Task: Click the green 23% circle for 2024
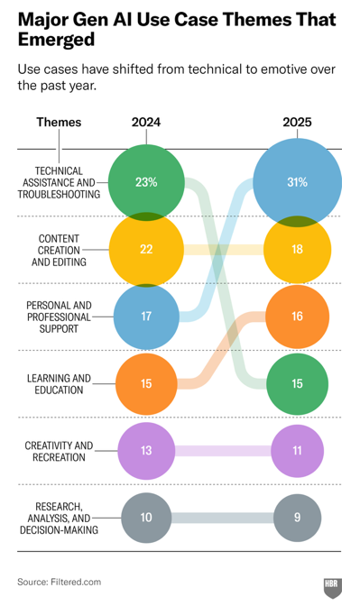(x=146, y=182)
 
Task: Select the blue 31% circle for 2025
(x=297, y=182)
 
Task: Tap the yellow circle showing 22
(x=146, y=249)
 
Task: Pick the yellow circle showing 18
(x=297, y=249)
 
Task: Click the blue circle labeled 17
(x=146, y=317)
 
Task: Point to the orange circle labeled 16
(x=297, y=317)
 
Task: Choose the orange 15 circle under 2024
(x=146, y=384)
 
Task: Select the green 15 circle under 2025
(x=297, y=384)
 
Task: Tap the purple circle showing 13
(x=146, y=451)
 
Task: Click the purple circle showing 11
(x=297, y=451)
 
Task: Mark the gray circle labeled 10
(x=146, y=518)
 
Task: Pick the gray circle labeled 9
(x=297, y=518)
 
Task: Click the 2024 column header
(x=146, y=122)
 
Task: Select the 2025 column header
(x=297, y=122)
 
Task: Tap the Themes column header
(x=59, y=122)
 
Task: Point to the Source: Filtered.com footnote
(x=60, y=582)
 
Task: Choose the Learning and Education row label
(x=59, y=384)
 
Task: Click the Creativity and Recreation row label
(x=59, y=451)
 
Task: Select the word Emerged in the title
(x=57, y=40)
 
